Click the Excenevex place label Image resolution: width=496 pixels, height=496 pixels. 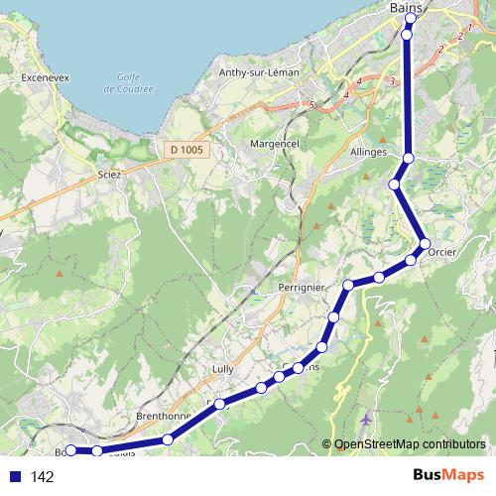(x=35, y=76)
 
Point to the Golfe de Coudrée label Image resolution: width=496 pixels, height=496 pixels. (x=129, y=83)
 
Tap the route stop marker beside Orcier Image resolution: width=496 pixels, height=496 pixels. (x=425, y=244)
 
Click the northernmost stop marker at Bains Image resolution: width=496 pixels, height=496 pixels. (x=411, y=18)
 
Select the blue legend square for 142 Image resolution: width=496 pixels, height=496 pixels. (x=14, y=477)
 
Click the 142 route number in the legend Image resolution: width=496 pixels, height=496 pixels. (x=43, y=477)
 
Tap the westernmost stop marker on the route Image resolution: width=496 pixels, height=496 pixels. (x=70, y=451)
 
